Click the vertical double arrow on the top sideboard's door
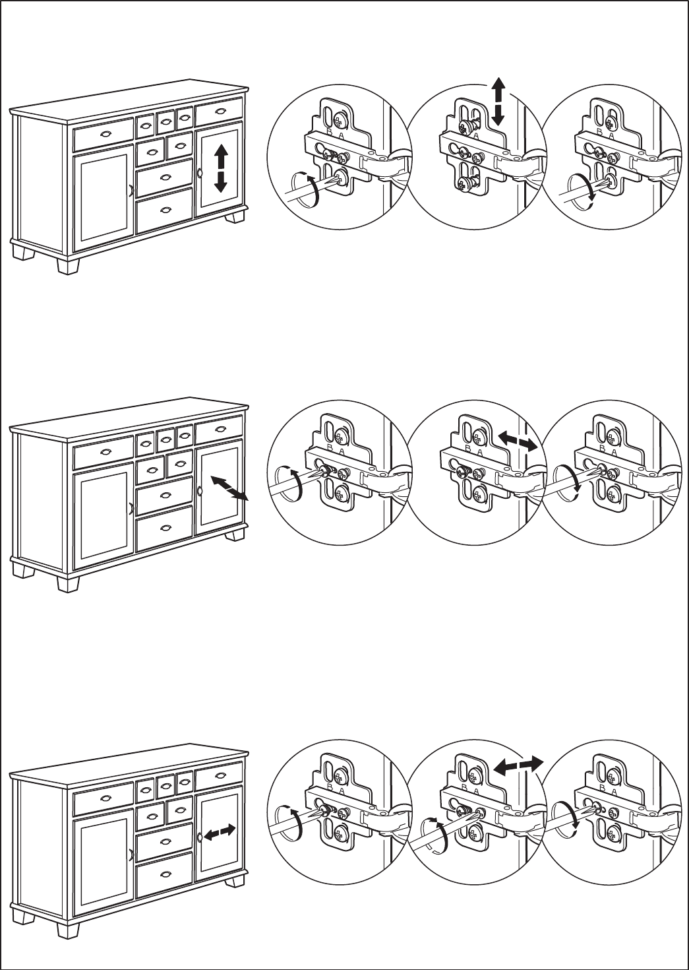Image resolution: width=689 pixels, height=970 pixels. tap(221, 169)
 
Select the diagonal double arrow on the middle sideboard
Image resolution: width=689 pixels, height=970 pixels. tap(227, 489)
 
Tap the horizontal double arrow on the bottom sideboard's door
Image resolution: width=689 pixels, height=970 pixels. tap(219, 833)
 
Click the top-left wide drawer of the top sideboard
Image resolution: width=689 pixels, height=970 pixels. tap(104, 136)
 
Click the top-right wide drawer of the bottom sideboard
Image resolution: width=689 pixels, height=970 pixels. tap(219, 777)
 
